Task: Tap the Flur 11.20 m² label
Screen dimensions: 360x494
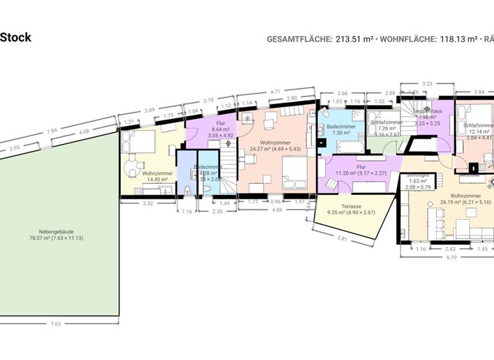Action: pyautogui.click(x=361, y=169)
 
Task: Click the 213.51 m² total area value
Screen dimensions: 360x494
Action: pyautogui.click(x=354, y=39)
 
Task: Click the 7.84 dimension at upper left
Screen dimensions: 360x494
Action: pyautogui.click(x=51, y=132)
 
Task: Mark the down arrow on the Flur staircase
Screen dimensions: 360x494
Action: pyautogui.click(x=227, y=144)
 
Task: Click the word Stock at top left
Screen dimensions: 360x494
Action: pyautogui.click(x=15, y=37)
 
